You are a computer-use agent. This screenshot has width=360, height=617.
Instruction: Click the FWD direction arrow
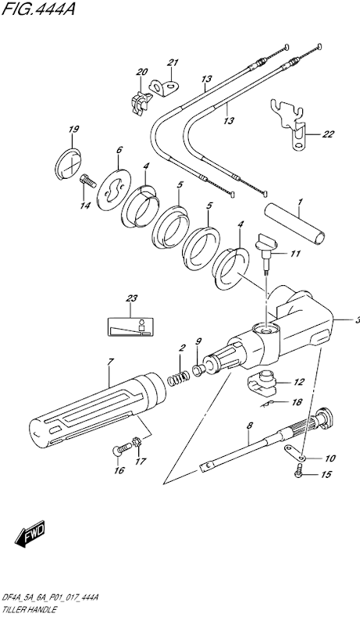(x=30, y=536)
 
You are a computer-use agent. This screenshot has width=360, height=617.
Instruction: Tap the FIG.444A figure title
(x=38, y=9)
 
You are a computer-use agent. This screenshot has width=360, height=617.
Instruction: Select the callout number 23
(x=131, y=298)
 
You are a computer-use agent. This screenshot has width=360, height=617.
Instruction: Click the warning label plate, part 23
(x=130, y=326)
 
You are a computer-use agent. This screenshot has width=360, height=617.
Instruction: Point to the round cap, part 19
(x=68, y=163)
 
